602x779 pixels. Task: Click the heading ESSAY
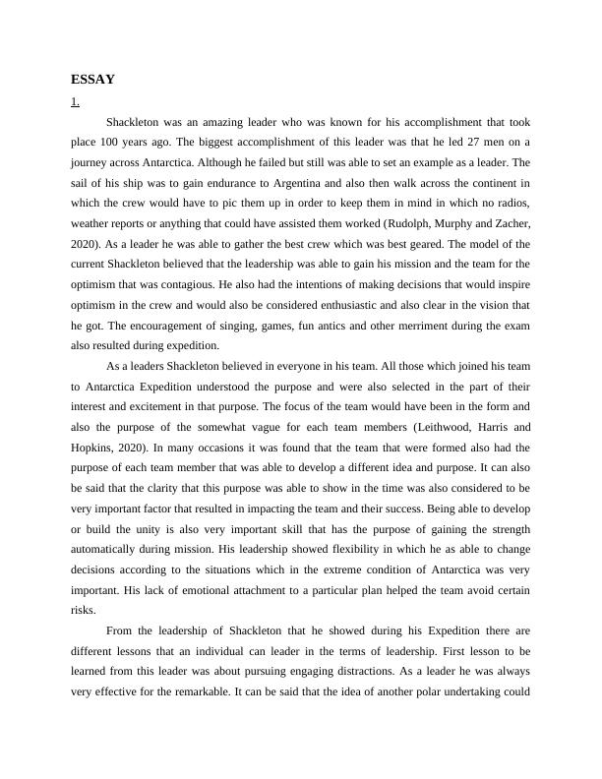coord(93,80)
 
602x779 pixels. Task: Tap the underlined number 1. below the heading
coord(76,102)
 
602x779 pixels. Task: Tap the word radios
coord(512,204)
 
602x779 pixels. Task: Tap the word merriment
coord(419,325)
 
